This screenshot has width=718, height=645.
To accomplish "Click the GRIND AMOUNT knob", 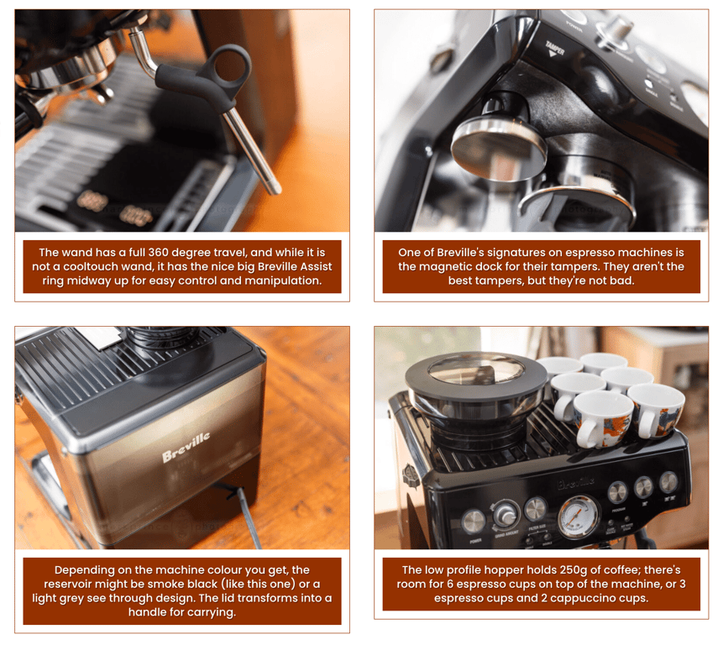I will (x=506, y=513).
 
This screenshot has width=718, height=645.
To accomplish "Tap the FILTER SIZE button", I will (x=535, y=509).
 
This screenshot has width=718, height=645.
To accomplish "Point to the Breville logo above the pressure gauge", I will (x=579, y=483).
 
